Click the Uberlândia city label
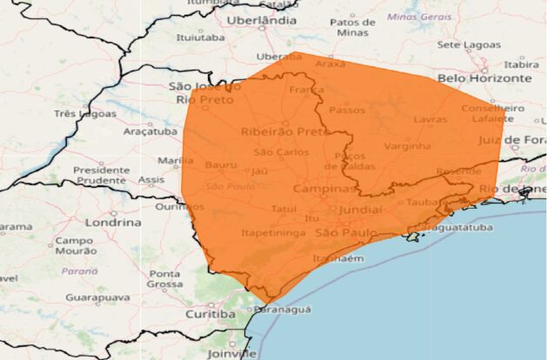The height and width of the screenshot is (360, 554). click(x=261, y=19)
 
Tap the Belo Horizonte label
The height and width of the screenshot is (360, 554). click(x=484, y=77)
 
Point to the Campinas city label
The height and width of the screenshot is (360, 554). click(x=324, y=189)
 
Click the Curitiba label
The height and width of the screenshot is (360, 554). click(x=210, y=313)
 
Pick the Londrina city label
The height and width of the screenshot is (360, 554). click(x=112, y=222)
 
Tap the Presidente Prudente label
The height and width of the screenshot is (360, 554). click(x=101, y=175)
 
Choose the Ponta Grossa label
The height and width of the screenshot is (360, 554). click(x=164, y=278)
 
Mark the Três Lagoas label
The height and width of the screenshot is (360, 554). click(x=84, y=113)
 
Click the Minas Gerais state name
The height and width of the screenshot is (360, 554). click(x=420, y=17)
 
